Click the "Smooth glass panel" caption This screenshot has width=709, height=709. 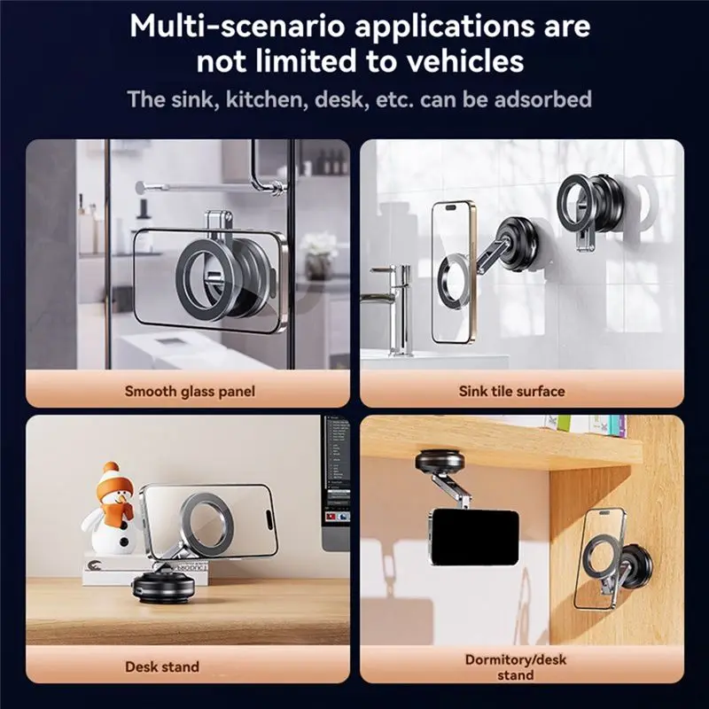pos(190,391)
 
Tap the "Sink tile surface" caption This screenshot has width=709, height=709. pos(512,391)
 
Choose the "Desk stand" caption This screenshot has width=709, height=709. pos(162,666)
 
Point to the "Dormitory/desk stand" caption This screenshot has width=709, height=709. pos(516,667)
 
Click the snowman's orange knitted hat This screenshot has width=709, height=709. pos(115,479)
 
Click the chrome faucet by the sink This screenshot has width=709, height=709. pos(393,308)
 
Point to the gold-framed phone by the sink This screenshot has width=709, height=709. pos(453,272)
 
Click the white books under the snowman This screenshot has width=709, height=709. pos(144,569)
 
